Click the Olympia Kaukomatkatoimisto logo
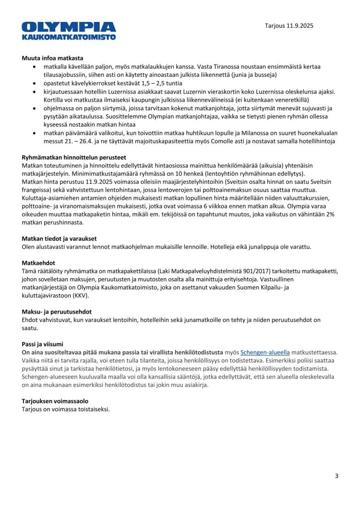coord(69,30)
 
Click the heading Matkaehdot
coord(39,263)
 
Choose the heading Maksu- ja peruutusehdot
coord(57,312)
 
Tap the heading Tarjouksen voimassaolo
coord(55,401)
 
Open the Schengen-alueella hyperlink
coord(264,352)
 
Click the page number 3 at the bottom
coord(336,476)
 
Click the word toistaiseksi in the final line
coord(93,409)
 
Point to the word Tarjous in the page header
coord(275,25)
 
